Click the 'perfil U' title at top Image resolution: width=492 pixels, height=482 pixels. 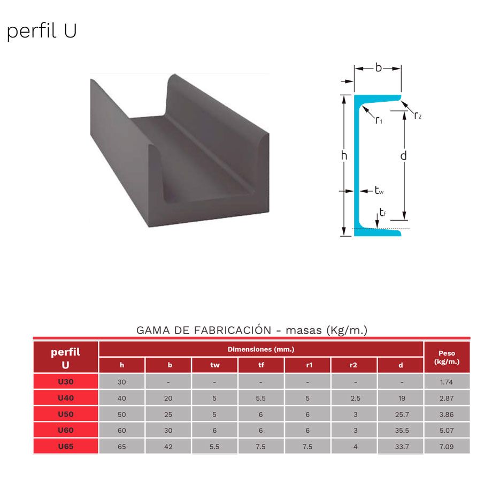[42, 31]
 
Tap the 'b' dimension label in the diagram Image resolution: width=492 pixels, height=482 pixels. [379, 67]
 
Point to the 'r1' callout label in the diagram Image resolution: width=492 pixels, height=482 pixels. [379, 120]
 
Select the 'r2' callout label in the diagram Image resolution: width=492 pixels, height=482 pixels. [418, 116]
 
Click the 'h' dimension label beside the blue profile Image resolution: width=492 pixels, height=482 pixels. [344, 155]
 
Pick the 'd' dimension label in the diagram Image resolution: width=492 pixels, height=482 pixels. [404, 155]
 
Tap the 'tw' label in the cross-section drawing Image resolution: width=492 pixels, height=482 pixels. [379, 191]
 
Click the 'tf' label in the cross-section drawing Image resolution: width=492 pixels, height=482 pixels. [382, 213]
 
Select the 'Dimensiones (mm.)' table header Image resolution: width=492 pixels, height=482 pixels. [261, 349]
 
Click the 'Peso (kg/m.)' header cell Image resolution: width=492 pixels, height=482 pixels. [447, 357]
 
